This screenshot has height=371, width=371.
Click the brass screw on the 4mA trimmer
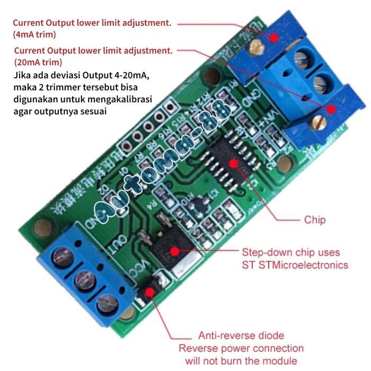(x=258, y=48)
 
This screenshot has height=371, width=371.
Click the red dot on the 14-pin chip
(x=241, y=159)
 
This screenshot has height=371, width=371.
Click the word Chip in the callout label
(x=315, y=219)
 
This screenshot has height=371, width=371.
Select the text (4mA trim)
(x=34, y=34)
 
